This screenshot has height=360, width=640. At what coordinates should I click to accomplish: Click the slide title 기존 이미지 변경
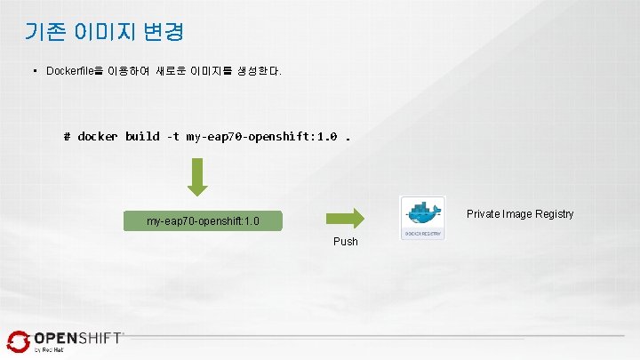coord(105,32)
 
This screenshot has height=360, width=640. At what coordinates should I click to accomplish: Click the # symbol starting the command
coord(68,137)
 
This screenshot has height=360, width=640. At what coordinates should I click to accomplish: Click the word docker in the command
coord(98,137)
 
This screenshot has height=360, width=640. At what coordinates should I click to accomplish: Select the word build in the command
coord(142,137)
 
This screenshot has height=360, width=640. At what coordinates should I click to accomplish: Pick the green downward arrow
coord(198,177)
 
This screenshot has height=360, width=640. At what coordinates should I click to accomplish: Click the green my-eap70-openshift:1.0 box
coord(203,220)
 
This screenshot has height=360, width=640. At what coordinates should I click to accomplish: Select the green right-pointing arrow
coord(346,218)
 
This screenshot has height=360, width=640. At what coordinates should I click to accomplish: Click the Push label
coord(346,242)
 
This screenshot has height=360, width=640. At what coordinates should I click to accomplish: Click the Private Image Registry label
coord(520,214)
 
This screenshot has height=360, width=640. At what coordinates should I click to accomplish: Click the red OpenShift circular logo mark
coord(18,341)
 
